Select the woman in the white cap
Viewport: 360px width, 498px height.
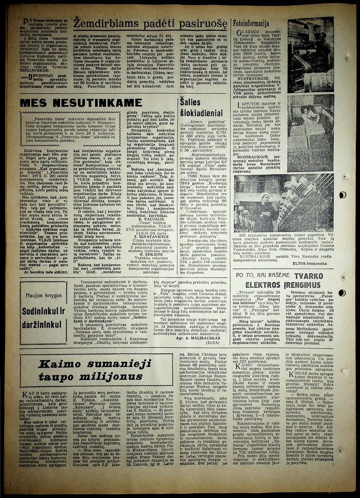(x=264, y=198)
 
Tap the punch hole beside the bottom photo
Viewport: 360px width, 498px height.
(x=342, y=195)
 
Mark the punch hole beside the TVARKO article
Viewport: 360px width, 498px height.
(x=342, y=293)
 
